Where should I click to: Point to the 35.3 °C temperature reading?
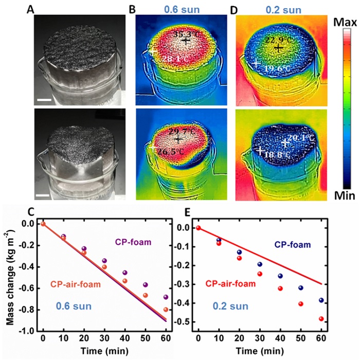186,34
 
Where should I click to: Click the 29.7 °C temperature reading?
179,132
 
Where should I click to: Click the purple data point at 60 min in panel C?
165,297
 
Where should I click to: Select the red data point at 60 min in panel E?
321,318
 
